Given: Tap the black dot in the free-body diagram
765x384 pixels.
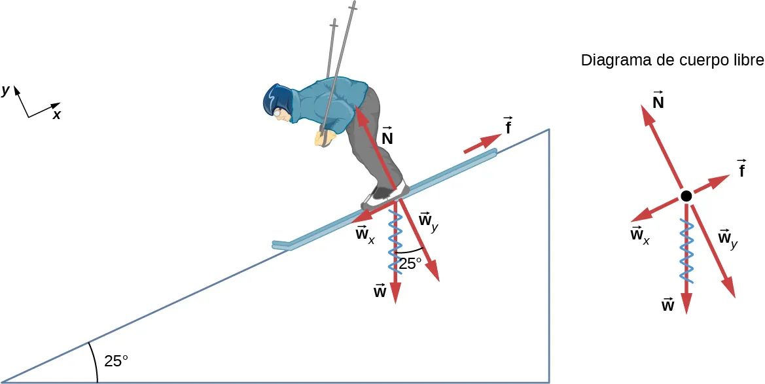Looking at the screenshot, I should pyautogui.click(x=686, y=196).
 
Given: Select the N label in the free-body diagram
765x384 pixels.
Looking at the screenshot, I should pyautogui.click(x=658, y=99).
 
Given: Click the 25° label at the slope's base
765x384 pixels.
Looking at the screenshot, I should pyautogui.click(x=116, y=360).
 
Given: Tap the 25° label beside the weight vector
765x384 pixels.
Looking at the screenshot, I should pyautogui.click(x=410, y=264).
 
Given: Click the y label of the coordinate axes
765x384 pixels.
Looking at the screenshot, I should pyautogui.click(x=6, y=92).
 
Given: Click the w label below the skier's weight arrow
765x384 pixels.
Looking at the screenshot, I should pyautogui.click(x=380, y=292).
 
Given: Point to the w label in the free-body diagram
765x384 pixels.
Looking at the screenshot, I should pyautogui.click(x=668, y=304).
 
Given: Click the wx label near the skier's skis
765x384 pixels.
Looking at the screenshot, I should pyautogui.click(x=365, y=235).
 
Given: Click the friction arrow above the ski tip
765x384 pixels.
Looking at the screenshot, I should pyautogui.click(x=482, y=144).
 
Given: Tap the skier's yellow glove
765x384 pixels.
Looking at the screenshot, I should pyautogui.click(x=323, y=138).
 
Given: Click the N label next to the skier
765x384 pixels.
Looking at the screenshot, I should pyautogui.click(x=387, y=138).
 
